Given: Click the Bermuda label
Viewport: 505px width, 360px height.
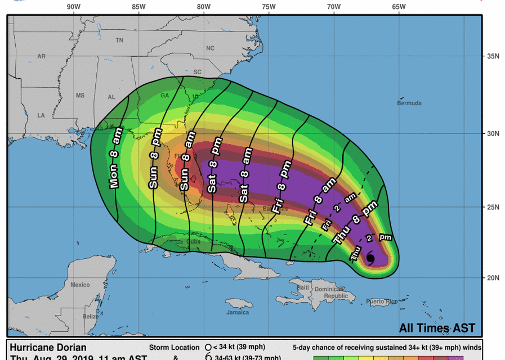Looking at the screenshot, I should (409, 103).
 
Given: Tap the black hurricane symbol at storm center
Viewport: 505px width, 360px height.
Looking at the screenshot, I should (370, 258).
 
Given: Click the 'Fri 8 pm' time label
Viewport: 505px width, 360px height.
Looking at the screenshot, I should (281, 186).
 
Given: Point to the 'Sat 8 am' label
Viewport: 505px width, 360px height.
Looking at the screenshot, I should (245, 175).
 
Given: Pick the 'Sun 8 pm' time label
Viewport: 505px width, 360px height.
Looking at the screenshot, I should (155, 159).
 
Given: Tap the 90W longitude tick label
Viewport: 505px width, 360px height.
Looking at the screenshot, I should (73, 7).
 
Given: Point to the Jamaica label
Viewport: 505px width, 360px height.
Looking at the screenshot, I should (238, 312).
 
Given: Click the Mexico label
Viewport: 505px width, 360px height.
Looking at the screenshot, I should (80, 285).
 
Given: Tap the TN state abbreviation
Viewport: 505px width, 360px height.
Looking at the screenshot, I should (119, 40).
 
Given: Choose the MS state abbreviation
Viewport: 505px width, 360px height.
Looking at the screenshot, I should (81, 95).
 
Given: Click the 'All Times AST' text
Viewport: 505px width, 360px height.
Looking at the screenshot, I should (437, 328).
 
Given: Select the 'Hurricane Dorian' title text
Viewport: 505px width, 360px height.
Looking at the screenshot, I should (48, 348).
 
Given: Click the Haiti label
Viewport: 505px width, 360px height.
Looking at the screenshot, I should (303, 287).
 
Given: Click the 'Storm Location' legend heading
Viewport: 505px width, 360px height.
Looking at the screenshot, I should (174, 348).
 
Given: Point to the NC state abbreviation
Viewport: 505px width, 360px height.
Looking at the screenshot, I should (210, 48).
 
